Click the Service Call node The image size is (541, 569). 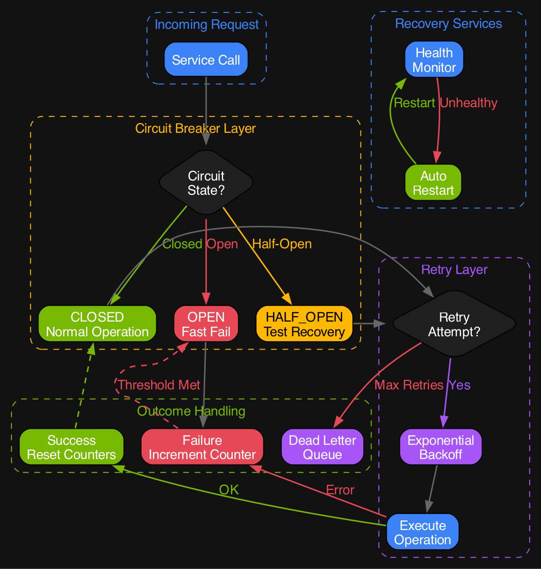click(206, 60)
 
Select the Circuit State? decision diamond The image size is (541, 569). click(206, 183)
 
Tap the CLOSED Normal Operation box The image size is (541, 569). click(97, 324)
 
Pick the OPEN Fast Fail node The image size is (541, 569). click(206, 324)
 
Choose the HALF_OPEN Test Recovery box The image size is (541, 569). click(304, 324)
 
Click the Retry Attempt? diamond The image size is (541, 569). click(454, 324)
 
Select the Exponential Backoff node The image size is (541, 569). click(441, 448)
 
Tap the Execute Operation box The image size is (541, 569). click(422, 532)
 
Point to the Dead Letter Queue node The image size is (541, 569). click(322, 448)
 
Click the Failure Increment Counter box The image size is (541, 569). click(202, 448)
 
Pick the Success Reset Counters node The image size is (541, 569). click(71, 448)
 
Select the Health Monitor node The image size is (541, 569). click(434, 60)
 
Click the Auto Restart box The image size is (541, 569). click(433, 183)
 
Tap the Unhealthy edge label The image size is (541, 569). click(468, 103)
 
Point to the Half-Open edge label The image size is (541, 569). click(282, 244)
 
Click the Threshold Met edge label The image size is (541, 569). click(159, 385)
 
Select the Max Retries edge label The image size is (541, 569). click(409, 385)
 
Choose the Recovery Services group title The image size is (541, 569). click(448, 24)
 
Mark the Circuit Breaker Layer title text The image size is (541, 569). click(196, 129)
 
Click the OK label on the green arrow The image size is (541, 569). click(229, 490)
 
